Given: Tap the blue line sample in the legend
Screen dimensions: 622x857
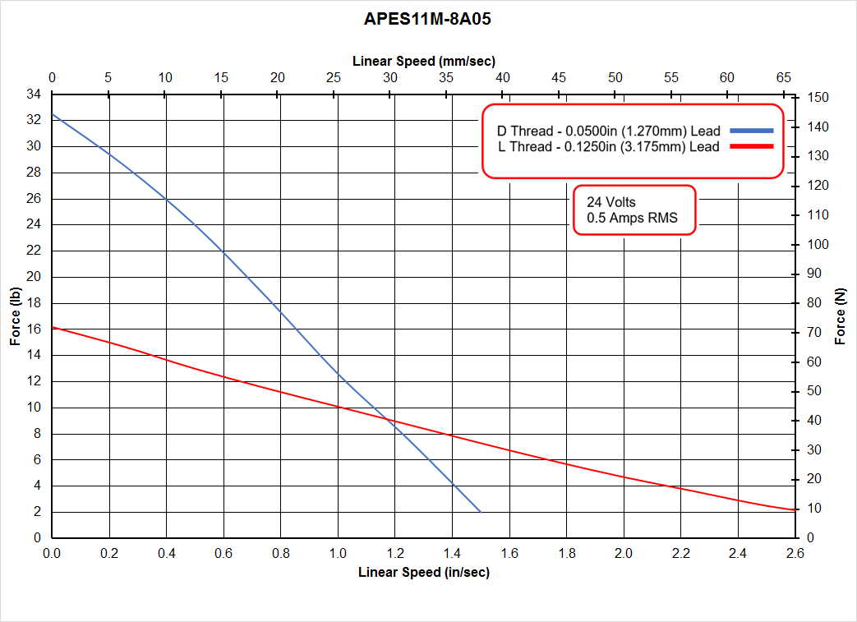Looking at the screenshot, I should coord(752,131).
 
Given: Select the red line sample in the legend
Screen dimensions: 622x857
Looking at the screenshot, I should coord(752,146).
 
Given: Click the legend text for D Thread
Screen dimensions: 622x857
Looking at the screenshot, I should coord(608,131).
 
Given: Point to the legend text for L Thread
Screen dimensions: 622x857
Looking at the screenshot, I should coord(608,147).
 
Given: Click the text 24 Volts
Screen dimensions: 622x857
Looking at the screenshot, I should coord(610,201).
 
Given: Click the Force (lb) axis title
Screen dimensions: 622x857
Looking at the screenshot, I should coord(16,316).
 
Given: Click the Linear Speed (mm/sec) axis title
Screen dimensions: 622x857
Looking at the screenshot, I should coord(423,61).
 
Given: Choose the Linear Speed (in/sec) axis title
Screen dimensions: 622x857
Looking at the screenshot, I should coord(423,573).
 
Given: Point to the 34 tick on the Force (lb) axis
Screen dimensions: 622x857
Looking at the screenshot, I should coord(34,94).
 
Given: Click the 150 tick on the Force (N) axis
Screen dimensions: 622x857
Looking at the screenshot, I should coord(818,98).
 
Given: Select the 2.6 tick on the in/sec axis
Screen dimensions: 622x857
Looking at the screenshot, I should coord(795,554).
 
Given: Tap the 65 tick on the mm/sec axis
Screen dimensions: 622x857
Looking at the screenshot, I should coord(784,77).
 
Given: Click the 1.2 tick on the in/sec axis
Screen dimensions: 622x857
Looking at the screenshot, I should coord(395,554).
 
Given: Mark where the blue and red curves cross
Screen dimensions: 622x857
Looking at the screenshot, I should coord(389,420).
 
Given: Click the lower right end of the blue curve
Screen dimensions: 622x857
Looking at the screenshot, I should coord(480,511).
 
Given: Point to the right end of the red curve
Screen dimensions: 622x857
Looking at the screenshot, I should coord(795,510).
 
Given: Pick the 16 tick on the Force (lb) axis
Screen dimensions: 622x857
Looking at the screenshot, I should coord(34,329).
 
